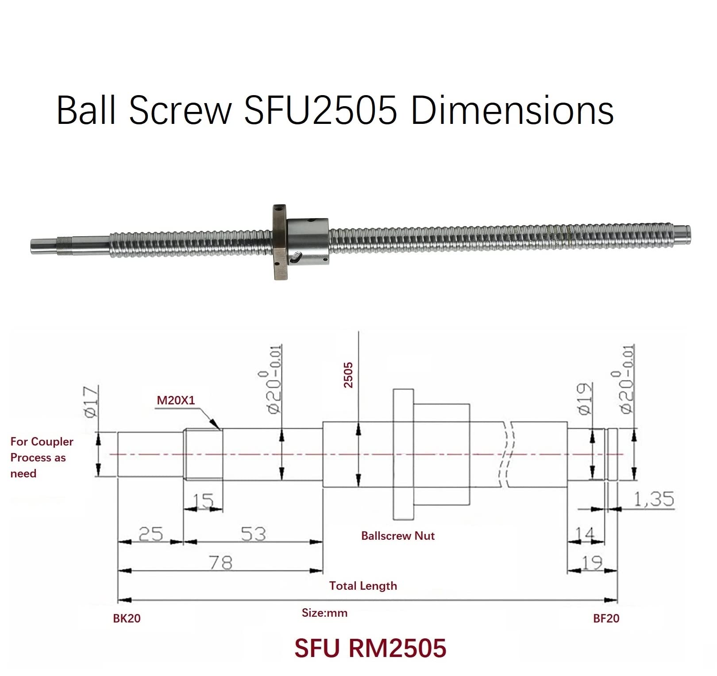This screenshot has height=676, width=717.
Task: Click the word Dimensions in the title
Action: (512, 111)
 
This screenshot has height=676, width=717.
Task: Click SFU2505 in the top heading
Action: (320, 111)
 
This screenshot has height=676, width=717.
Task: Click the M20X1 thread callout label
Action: (176, 400)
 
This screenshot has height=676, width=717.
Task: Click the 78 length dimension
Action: (220, 563)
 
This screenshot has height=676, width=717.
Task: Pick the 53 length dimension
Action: (253, 534)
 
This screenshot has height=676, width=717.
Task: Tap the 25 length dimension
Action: (150, 534)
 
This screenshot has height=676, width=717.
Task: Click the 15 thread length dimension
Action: (203, 501)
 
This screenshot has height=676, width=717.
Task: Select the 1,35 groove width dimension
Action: (654, 499)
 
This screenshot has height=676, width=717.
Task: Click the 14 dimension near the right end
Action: (585, 534)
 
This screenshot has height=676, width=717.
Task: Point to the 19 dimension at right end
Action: (592, 563)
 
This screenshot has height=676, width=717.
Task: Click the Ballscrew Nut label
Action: (397, 536)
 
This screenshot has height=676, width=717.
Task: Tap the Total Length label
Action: (363, 586)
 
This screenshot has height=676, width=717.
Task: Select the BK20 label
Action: (127, 618)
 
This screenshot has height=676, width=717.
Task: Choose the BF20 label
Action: (606, 618)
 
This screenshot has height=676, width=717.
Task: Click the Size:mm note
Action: (324, 613)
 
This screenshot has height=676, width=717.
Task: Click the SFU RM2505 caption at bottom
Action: (370, 648)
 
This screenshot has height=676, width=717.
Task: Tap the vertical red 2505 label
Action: (349, 375)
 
